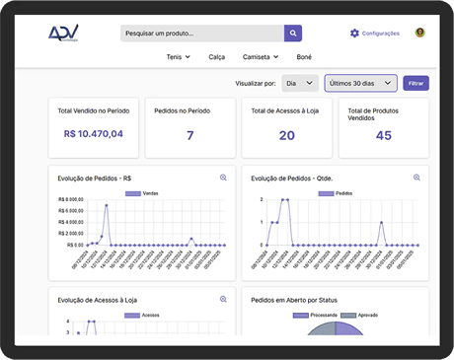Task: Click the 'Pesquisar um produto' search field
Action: [x=202, y=34]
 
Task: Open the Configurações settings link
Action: [x=375, y=34]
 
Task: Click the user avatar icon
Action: [x=419, y=34]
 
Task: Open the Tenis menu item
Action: [x=178, y=57]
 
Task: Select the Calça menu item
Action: [x=217, y=57]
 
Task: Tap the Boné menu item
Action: [x=304, y=57]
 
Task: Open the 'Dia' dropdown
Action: [x=299, y=83]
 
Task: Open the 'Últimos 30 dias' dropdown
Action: [x=360, y=83]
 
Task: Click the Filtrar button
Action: [x=416, y=83]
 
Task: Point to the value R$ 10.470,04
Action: [x=94, y=134]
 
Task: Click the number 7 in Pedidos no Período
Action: [x=190, y=135]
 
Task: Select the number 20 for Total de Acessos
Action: [x=287, y=135]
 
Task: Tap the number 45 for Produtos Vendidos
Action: [x=384, y=135]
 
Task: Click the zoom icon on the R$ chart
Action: [x=224, y=178]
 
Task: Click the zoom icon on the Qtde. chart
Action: [x=416, y=178]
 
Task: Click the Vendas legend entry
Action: [x=142, y=194]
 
